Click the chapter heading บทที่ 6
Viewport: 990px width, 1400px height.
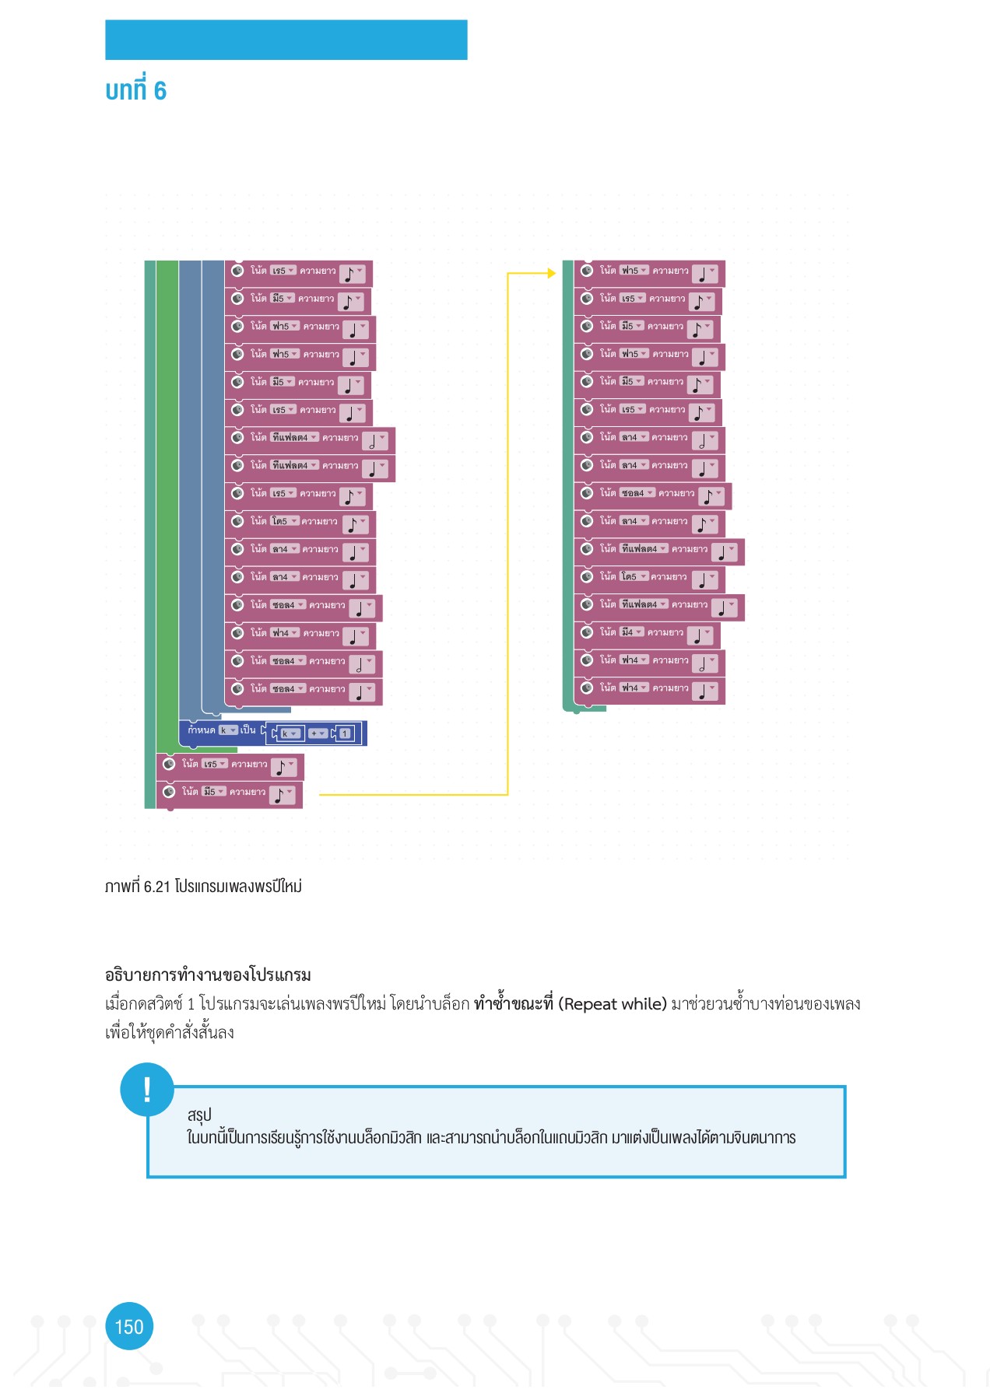click(x=135, y=91)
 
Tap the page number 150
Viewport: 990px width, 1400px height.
click(x=129, y=1326)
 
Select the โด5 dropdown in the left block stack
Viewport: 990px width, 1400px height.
click(x=284, y=521)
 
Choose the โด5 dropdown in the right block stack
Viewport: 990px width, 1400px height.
click(x=634, y=576)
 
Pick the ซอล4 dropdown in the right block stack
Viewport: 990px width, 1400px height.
click(x=637, y=493)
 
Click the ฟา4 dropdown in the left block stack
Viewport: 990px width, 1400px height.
click(x=285, y=633)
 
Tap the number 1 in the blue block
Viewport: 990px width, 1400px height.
click(x=345, y=733)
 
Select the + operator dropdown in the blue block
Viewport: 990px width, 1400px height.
click(x=318, y=733)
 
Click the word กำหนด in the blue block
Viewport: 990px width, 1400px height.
click(x=201, y=730)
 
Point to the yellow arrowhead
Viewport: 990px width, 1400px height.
click(x=552, y=273)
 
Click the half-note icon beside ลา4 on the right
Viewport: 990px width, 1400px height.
click(x=703, y=441)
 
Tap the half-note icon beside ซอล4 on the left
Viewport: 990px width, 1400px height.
click(x=360, y=665)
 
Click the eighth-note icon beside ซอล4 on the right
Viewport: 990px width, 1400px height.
click(x=709, y=496)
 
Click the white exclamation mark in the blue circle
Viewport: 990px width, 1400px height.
click(x=147, y=1089)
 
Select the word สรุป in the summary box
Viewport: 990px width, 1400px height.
click(x=199, y=1115)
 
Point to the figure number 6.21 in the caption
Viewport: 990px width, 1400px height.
click(x=156, y=887)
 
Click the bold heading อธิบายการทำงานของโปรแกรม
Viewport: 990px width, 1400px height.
click(x=208, y=975)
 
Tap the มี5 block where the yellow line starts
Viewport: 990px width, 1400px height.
click(x=230, y=793)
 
